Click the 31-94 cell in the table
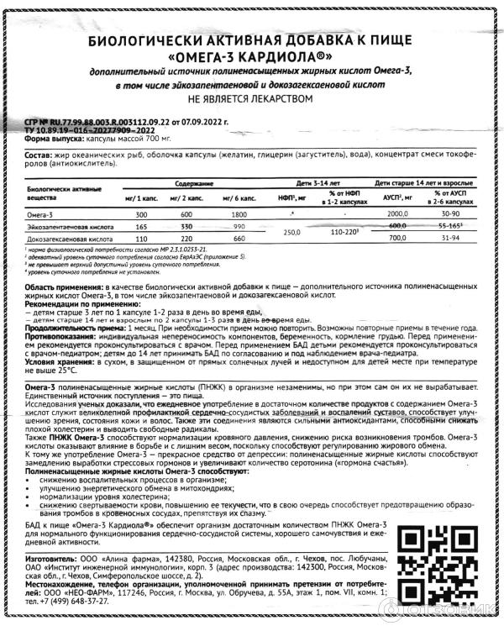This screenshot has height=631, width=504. [x=450, y=239]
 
